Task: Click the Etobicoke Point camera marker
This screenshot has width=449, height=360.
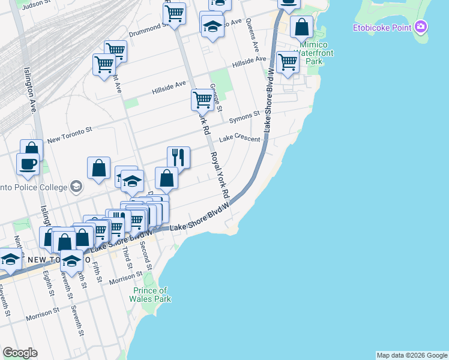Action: click(x=421, y=27)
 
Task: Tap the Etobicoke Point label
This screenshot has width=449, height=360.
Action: click(x=381, y=28)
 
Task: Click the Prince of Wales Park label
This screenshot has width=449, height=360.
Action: click(x=152, y=295)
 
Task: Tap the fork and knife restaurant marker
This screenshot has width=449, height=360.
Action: click(x=178, y=157)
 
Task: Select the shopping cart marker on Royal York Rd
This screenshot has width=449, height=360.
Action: click(x=203, y=100)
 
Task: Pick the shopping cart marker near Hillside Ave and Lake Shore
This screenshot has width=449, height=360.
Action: click(x=288, y=61)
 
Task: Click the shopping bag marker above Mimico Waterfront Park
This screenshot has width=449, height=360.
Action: click(x=301, y=26)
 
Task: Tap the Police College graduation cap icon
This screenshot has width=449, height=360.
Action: click(x=76, y=187)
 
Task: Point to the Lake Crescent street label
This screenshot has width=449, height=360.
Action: click(x=240, y=139)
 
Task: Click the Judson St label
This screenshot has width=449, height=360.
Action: click(x=31, y=4)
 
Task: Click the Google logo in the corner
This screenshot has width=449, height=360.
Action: click(x=20, y=353)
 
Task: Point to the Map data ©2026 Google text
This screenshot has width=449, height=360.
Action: click(x=412, y=355)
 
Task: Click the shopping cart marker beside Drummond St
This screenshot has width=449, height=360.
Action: click(x=173, y=13)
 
